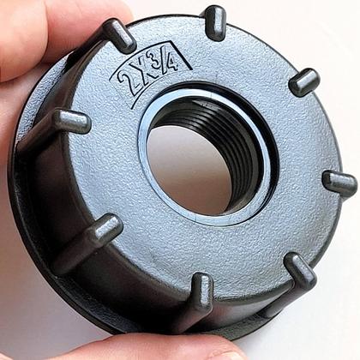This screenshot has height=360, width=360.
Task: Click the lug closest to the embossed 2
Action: point(119,35)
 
